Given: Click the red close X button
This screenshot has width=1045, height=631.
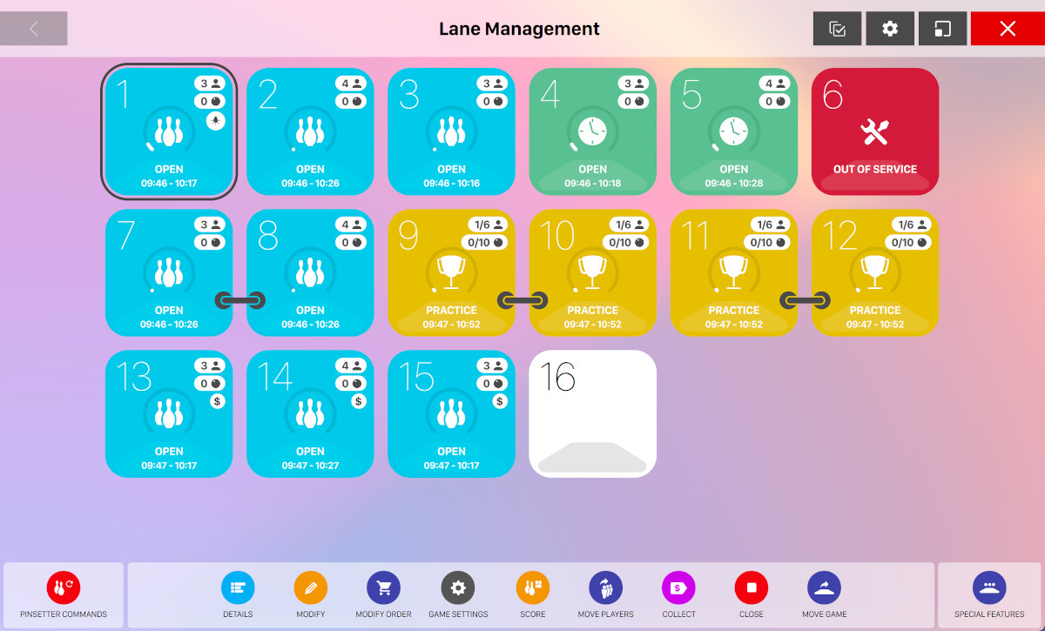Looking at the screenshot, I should pos(1008,29).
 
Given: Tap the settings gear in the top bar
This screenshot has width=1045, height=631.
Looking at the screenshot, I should pos(889,29).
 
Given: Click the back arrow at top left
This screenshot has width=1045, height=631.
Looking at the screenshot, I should pos(34,29).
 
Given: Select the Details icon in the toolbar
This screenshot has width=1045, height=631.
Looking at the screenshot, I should pos(238,588).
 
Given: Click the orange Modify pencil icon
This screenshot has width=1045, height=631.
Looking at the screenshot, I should pos(310,588).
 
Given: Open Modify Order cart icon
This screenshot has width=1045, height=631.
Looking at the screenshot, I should pos(383,588).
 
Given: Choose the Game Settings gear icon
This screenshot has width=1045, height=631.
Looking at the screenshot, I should pos(458,588).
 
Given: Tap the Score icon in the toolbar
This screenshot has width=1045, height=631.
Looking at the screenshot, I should pos(533,588).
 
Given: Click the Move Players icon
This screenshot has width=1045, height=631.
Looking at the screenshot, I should pos(605,588).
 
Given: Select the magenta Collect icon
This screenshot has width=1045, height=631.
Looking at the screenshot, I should pos(678,588).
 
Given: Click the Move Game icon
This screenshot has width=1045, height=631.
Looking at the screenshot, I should pos(824,588).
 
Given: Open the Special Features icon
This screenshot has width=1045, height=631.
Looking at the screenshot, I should pos(988,588).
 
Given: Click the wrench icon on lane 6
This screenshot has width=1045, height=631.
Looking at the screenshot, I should pos(874,132).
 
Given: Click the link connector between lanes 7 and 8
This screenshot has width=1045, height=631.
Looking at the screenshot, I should pos(239,300).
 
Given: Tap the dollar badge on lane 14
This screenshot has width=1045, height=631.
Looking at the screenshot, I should pos(359,401).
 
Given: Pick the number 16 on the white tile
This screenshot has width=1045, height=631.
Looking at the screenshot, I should pos(557,378).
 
